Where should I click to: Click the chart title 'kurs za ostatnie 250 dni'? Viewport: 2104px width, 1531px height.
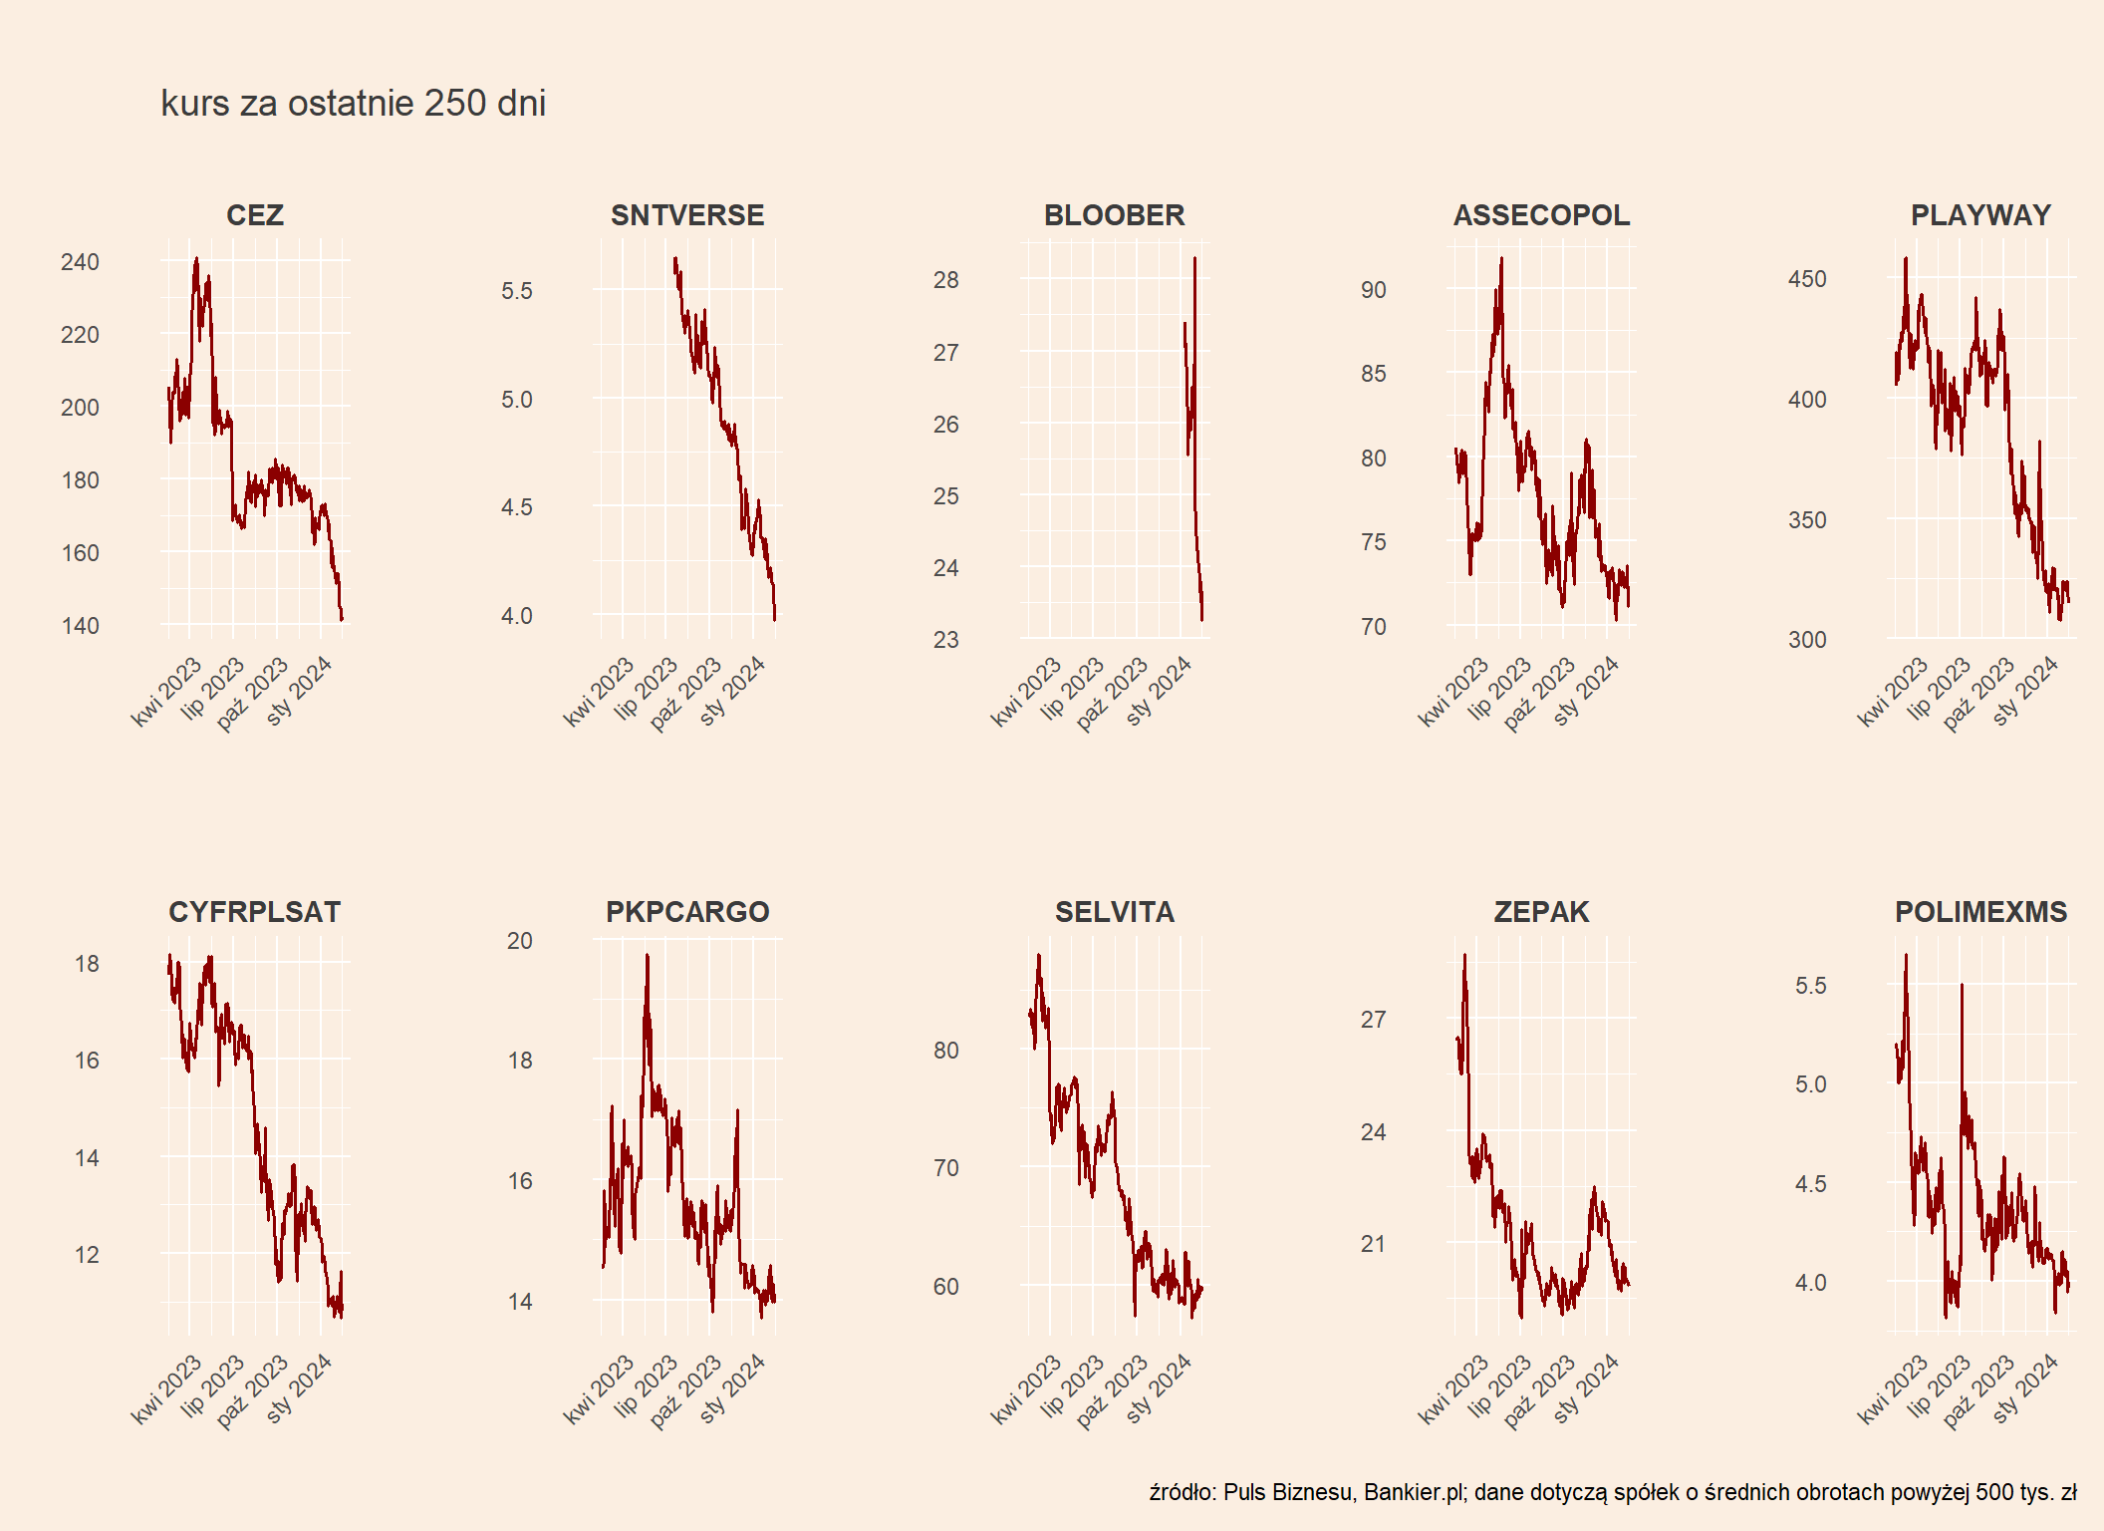tap(353, 104)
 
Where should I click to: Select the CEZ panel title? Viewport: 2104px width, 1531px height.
tap(255, 215)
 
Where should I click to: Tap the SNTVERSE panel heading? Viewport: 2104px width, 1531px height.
tap(687, 215)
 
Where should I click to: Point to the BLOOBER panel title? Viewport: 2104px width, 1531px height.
tap(1114, 215)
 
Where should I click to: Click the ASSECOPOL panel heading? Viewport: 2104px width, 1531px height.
tap(1541, 215)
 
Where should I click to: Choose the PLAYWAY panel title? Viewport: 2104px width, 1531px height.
tap(1980, 215)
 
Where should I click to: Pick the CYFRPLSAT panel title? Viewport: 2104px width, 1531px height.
tap(255, 912)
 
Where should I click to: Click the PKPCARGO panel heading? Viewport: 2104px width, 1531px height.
tap(687, 912)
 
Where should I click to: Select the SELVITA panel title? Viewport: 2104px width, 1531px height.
tap(1114, 912)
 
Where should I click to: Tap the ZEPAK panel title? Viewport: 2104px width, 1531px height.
tap(1541, 912)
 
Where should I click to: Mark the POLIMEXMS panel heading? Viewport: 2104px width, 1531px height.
tap(1980, 912)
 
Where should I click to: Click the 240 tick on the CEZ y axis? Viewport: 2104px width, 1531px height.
tap(80, 262)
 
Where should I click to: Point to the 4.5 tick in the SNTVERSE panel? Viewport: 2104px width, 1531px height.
tap(516, 507)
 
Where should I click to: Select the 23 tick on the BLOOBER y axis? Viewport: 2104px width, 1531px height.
tap(945, 640)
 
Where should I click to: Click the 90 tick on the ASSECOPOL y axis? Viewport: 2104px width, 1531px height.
tap(1373, 290)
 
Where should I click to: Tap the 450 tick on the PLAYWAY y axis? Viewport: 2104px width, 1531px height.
tap(1807, 279)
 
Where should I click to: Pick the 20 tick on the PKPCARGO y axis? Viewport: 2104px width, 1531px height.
tap(519, 941)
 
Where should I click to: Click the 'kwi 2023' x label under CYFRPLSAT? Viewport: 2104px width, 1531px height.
tap(167, 1388)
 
